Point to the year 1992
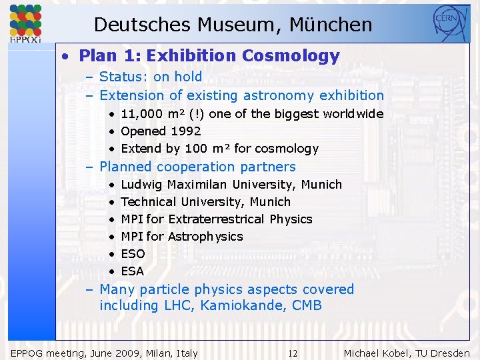click(x=185, y=131)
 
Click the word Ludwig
click(x=142, y=185)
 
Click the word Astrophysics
click(x=205, y=237)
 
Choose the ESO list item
click(x=133, y=254)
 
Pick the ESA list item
click(x=132, y=271)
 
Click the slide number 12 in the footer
click(x=293, y=353)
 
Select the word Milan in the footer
click(x=157, y=353)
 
